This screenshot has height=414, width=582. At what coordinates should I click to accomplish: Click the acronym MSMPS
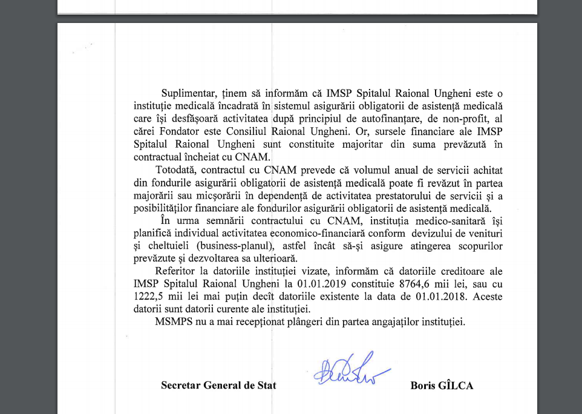click(173, 321)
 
